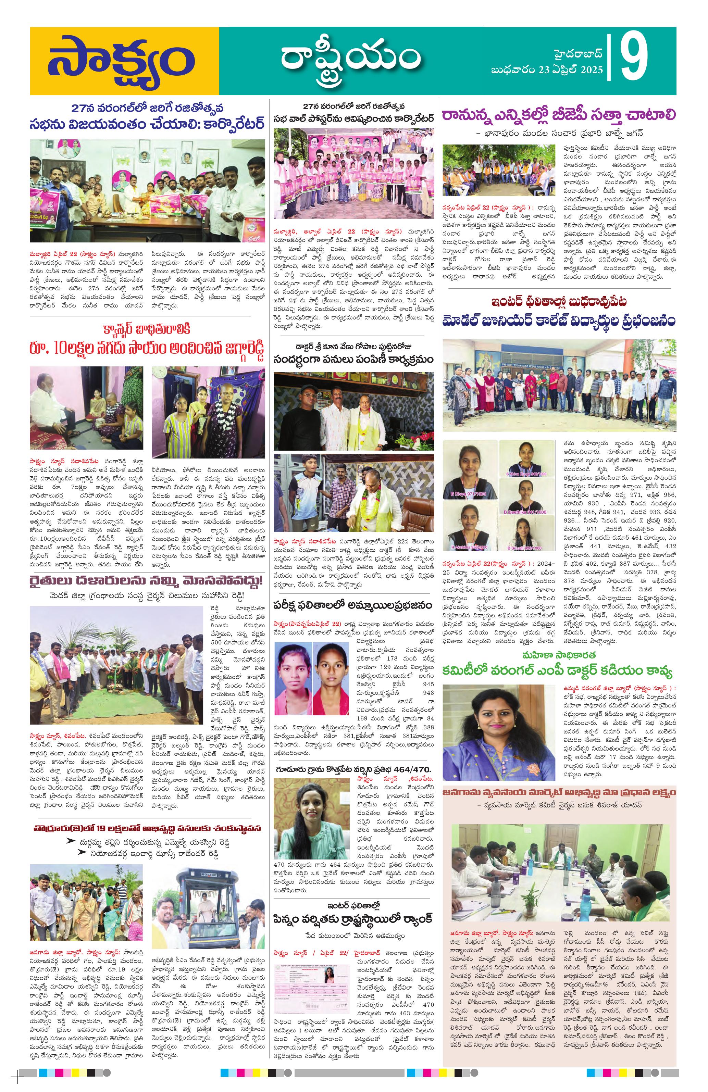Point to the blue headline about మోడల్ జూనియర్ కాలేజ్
point(558,321)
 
